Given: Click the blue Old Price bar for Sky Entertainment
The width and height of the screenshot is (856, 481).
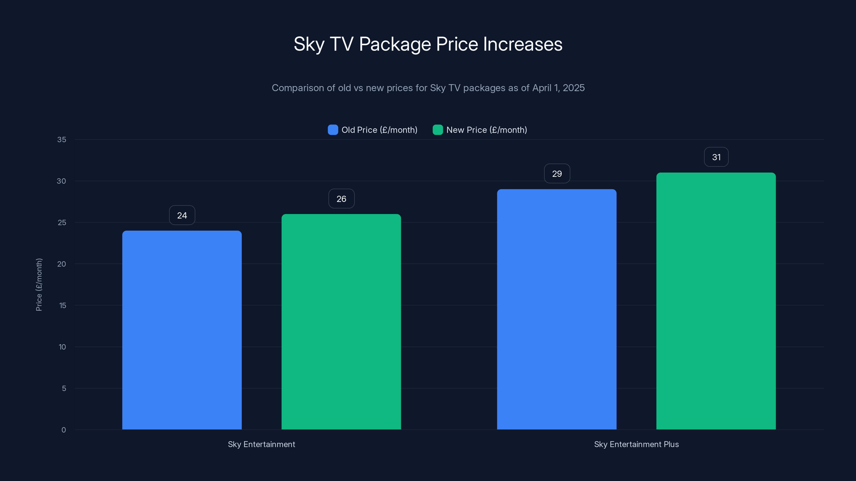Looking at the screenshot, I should [182, 330].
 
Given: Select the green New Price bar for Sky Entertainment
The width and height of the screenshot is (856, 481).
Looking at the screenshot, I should [341, 322].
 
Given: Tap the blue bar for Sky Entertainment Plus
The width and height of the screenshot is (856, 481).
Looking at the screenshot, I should [557, 309].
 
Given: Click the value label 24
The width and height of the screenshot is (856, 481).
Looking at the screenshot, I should [182, 215].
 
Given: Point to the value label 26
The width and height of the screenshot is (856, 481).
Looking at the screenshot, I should [341, 199].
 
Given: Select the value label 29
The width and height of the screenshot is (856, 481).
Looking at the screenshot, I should [557, 174].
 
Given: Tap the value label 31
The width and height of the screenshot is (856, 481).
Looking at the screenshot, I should [716, 157].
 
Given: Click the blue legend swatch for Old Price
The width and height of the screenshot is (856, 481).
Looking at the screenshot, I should [333, 130].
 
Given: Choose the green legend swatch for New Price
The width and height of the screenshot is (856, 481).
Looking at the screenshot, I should [438, 130].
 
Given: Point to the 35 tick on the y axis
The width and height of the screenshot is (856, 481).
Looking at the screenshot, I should [62, 140].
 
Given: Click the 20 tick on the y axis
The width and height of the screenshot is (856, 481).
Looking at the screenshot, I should [62, 264].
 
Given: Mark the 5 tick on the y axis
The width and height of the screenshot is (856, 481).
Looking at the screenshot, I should [64, 388].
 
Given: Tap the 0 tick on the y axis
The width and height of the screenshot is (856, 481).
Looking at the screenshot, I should [64, 430].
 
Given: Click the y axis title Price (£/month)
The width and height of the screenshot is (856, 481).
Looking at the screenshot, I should [39, 285].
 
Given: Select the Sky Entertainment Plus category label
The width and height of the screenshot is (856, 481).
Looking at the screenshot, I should [636, 444].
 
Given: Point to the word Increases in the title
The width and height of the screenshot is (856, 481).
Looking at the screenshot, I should [522, 44].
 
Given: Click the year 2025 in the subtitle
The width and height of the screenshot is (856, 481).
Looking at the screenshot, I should [574, 88].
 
